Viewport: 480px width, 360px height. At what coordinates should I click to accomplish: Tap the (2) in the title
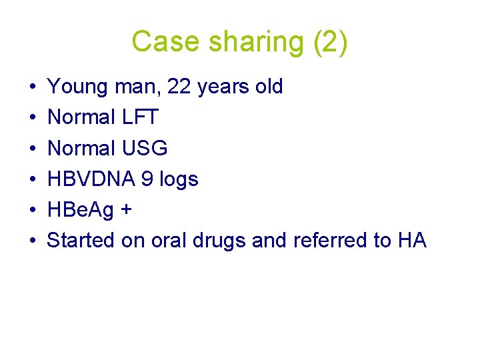(x=329, y=41)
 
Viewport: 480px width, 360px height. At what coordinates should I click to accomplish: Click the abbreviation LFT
(x=141, y=117)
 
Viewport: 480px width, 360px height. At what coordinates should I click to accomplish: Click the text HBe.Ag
(x=81, y=209)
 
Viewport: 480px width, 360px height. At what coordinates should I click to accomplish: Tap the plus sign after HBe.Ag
(x=126, y=209)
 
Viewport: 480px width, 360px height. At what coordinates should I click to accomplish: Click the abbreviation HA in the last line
(x=411, y=240)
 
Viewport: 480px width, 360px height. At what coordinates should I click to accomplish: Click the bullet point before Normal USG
(x=32, y=148)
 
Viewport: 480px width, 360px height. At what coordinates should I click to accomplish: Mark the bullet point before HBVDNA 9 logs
(x=32, y=179)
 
